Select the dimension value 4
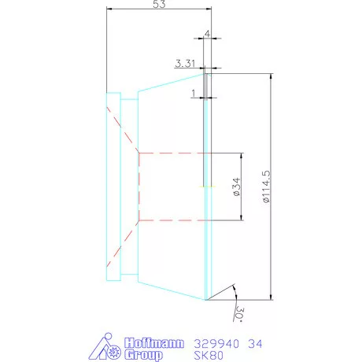pyautogui.click(x=207, y=34)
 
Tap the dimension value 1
pyautogui.click(x=194, y=92)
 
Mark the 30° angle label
pyautogui.click(x=238, y=314)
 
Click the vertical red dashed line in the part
pyautogui.click(x=139, y=187)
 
